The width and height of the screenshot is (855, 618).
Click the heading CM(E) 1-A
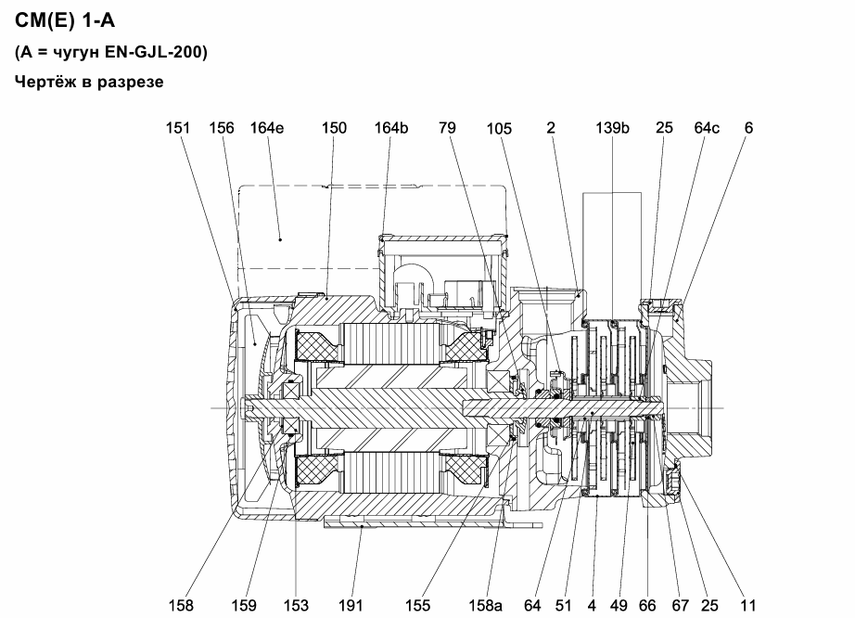click(x=65, y=20)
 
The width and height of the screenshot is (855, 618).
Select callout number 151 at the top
click(x=178, y=128)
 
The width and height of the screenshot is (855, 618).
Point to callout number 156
click(x=222, y=128)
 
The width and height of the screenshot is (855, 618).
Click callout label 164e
click(x=267, y=128)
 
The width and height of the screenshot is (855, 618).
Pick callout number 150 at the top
click(x=334, y=128)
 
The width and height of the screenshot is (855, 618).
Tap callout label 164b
click(x=391, y=128)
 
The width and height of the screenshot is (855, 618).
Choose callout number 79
click(x=447, y=128)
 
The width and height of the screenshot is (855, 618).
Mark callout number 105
click(x=499, y=128)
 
